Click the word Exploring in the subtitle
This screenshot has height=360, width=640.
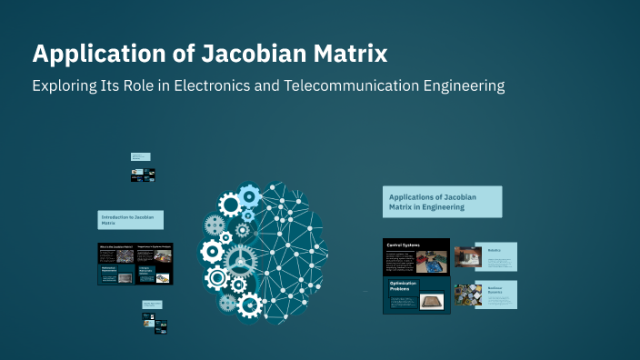pos(66,86)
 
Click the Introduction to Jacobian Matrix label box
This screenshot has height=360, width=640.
pos(131,220)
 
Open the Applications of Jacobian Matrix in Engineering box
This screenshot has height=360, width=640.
pos(442,202)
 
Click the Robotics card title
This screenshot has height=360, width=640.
pos(494,249)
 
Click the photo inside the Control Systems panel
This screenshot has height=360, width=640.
pos(431,263)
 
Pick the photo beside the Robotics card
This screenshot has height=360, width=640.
pos(467,257)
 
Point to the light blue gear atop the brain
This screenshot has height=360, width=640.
pos(249,195)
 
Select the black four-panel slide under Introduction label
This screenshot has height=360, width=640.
pos(135,264)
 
